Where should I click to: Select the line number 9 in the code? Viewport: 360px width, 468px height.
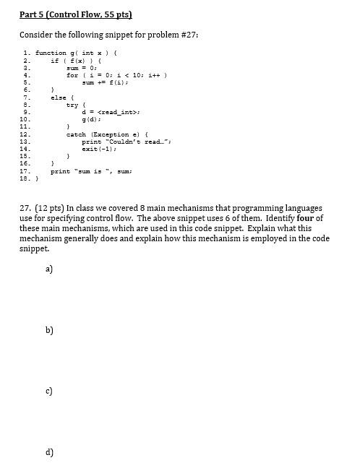[x=26, y=111]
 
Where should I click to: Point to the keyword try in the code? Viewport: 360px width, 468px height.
[x=72, y=104]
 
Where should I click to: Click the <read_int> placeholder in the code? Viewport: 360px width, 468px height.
[x=116, y=111]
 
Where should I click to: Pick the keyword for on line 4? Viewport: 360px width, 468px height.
[x=72, y=74]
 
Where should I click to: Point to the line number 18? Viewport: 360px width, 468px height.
[x=25, y=178]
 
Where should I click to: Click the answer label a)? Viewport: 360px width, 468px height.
[x=49, y=269]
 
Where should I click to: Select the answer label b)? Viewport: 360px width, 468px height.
[x=49, y=330]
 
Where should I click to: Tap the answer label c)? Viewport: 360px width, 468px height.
[x=49, y=391]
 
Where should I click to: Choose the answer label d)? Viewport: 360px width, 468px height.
[x=49, y=452]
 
